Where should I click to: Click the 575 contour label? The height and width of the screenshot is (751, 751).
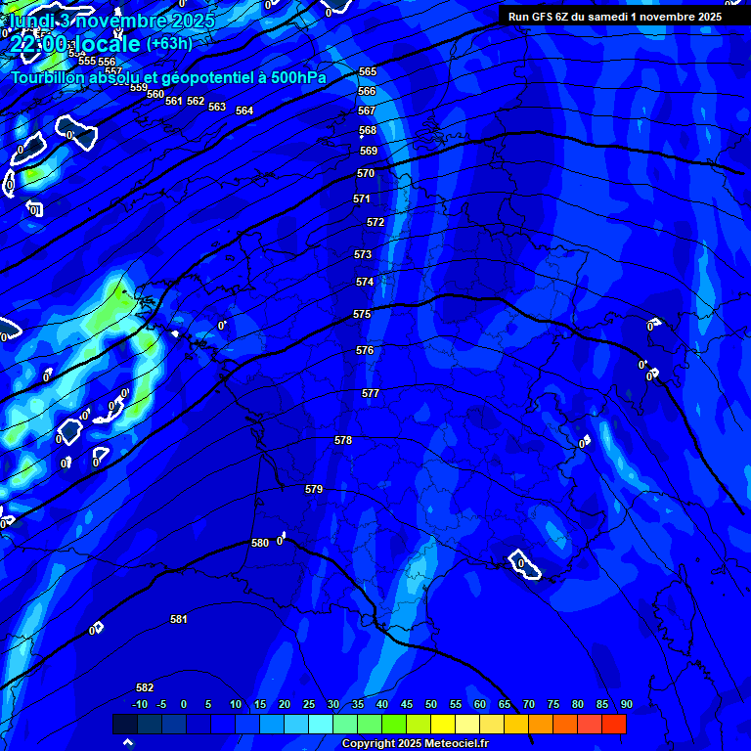[x=362, y=314]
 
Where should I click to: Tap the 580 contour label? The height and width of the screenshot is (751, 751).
[x=260, y=543]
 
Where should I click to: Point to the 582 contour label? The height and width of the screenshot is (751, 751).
[x=145, y=687]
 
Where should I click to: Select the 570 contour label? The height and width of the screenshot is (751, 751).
[x=366, y=173]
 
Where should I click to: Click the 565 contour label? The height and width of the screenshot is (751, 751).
[x=368, y=71]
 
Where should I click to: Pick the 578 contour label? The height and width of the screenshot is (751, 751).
[x=343, y=440]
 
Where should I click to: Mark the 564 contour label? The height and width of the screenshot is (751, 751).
[x=244, y=110]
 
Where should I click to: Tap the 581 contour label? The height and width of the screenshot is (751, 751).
[x=179, y=619]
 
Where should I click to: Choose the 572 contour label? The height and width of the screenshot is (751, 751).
[x=375, y=222]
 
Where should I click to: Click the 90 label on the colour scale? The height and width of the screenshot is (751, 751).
[x=626, y=705]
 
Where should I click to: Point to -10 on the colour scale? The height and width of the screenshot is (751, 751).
[x=140, y=705]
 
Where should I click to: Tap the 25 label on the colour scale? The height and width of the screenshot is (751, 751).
[x=309, y=705]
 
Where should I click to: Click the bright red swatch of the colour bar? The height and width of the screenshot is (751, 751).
[x=614, y=724]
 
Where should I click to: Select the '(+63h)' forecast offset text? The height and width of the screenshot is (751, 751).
[x=169, y=44]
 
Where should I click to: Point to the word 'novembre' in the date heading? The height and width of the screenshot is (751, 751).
[x=121, y=21]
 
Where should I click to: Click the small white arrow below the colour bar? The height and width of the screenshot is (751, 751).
[x=127, y=742]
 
